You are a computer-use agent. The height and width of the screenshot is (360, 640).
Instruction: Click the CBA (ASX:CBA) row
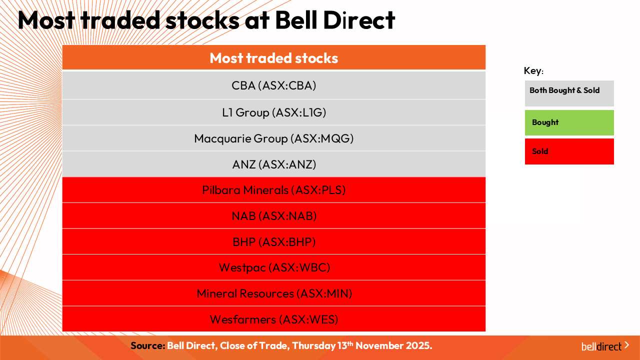pos(273,85)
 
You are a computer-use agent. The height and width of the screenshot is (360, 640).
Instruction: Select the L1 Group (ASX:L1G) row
pos(273,112)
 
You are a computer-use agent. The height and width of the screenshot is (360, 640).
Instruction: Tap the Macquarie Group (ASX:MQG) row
pos(273,138)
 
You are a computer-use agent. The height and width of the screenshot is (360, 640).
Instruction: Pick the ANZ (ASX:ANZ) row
pos(273,164)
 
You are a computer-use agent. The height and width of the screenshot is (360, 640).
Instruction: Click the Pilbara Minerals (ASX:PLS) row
pos(273,190)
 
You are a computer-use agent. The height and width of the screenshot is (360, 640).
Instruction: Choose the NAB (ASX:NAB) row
pos(273,215)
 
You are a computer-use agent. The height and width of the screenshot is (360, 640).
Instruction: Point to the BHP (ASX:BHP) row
pos(273,241)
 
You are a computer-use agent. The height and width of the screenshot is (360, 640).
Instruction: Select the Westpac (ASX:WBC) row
pos(273,267)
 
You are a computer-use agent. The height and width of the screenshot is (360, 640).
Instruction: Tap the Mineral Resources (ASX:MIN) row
pos(273,293)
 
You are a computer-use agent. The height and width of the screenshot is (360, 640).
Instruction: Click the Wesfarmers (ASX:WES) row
pos(273,319)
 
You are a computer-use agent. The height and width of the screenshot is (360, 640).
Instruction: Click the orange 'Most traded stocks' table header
pos(273,57)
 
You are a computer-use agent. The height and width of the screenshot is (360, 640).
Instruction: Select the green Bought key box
pos(569,122)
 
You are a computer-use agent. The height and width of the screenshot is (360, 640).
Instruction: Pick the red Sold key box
pos(569,151)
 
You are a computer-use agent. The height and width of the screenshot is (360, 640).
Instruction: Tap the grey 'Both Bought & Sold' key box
pos(569,93)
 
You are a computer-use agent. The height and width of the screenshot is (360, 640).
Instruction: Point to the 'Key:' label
pos(533,70)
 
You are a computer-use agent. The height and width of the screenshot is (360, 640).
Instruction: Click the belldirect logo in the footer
pos(605,346)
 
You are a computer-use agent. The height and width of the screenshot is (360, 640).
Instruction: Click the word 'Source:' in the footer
pos(147,345)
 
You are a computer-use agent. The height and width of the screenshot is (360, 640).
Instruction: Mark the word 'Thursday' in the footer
pos(313,346)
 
